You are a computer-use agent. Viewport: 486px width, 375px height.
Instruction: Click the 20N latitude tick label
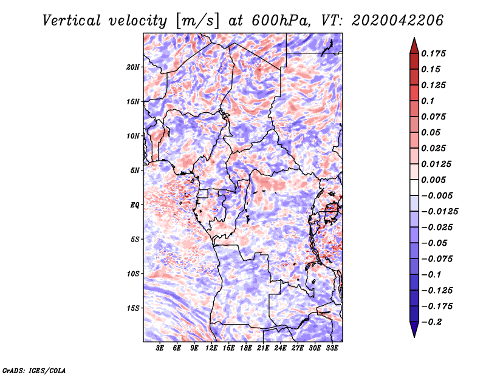click(x=133, y=67)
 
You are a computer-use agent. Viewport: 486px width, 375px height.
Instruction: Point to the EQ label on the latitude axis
click(x=135, y=205)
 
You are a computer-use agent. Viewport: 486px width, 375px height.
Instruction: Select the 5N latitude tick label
click(x=135, y=171)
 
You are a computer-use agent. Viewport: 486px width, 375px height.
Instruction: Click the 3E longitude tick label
click(x=160, y=348)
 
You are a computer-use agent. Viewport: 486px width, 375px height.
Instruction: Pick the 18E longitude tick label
click(x=246, y=348)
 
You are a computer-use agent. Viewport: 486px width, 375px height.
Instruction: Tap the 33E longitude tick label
click(x=332, y=348)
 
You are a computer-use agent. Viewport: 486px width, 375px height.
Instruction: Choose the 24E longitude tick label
click(x=280, y=348)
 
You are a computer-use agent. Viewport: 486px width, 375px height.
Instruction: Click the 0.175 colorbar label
click(x=433, y=53)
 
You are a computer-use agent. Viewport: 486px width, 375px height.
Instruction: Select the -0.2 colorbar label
click(x=431, y=322)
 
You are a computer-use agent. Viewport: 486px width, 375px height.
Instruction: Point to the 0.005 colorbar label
click(x=433, y=180)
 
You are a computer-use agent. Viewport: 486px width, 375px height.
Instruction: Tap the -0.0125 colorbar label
click(x=439, y=212)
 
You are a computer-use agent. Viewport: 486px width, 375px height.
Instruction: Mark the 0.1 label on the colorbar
click(x=428, y=101)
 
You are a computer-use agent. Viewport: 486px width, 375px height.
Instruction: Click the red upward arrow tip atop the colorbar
click(x=414, y=38)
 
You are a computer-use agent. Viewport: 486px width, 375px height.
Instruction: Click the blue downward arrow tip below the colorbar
click(x=414, y=337)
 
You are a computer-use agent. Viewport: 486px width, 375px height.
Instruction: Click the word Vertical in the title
click(x=72, y=21)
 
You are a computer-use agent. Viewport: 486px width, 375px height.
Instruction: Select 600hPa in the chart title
click(x=281, y=21)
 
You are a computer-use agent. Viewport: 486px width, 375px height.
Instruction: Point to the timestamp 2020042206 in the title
click(x=398, y=21)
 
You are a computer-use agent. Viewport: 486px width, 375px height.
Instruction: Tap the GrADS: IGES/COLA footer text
click(x=34, y=370)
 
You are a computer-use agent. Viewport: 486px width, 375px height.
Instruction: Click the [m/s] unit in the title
click(x=197, y=21)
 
